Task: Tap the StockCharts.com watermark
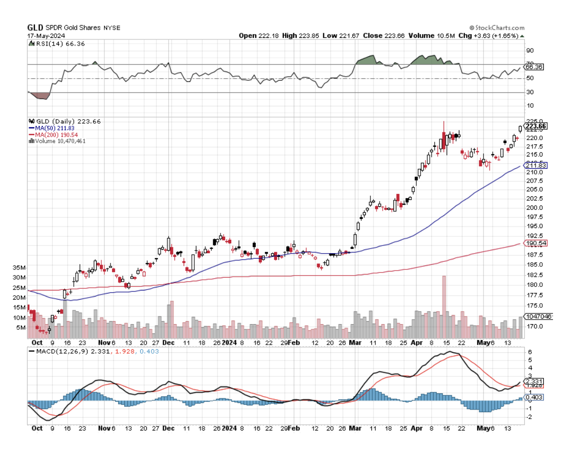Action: click(497, 28)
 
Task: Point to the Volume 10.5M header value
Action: click(429, 36)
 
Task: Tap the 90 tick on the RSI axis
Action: click(530, 51)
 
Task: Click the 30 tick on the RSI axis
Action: click(530, 92)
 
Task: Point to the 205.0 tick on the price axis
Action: click(535, 189)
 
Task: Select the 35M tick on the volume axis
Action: click(19, 267)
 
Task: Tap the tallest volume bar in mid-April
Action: click(444, 307)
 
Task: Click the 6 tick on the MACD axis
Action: click(530, 352)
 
